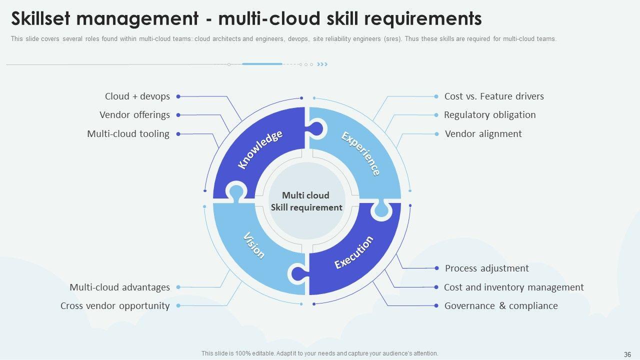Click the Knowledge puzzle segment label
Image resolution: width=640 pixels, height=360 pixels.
pos(260,149)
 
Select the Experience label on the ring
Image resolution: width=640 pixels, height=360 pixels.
pos(360,153)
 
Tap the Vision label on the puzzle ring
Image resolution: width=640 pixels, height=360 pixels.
pos(253,245)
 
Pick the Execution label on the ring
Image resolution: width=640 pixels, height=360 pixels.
pos(353,252)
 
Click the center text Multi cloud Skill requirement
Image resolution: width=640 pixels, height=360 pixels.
pos(306,201)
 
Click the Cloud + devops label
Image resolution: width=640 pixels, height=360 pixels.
pos(137,96)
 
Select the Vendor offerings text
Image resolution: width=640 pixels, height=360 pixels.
pos(134,115)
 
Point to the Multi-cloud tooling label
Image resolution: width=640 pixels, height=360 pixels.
pos(128,134)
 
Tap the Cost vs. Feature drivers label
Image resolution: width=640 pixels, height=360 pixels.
pos(493,96)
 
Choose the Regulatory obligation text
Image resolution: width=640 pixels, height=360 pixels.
pos(489,115)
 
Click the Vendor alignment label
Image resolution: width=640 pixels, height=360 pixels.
pos(483,134)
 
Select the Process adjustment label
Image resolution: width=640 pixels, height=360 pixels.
pos(486,268)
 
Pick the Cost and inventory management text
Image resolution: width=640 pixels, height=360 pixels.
pos(513,287)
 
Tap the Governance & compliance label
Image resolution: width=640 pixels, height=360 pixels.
pos(500,306)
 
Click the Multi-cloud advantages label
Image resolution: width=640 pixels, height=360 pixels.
pos(119,287)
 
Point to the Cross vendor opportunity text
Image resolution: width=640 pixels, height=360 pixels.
pos(115,306)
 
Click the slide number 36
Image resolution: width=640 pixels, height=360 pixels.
pos(627,353)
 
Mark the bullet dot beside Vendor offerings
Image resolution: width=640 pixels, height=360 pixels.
pos(178,115)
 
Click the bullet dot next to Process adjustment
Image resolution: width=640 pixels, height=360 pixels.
pos(436,268)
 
